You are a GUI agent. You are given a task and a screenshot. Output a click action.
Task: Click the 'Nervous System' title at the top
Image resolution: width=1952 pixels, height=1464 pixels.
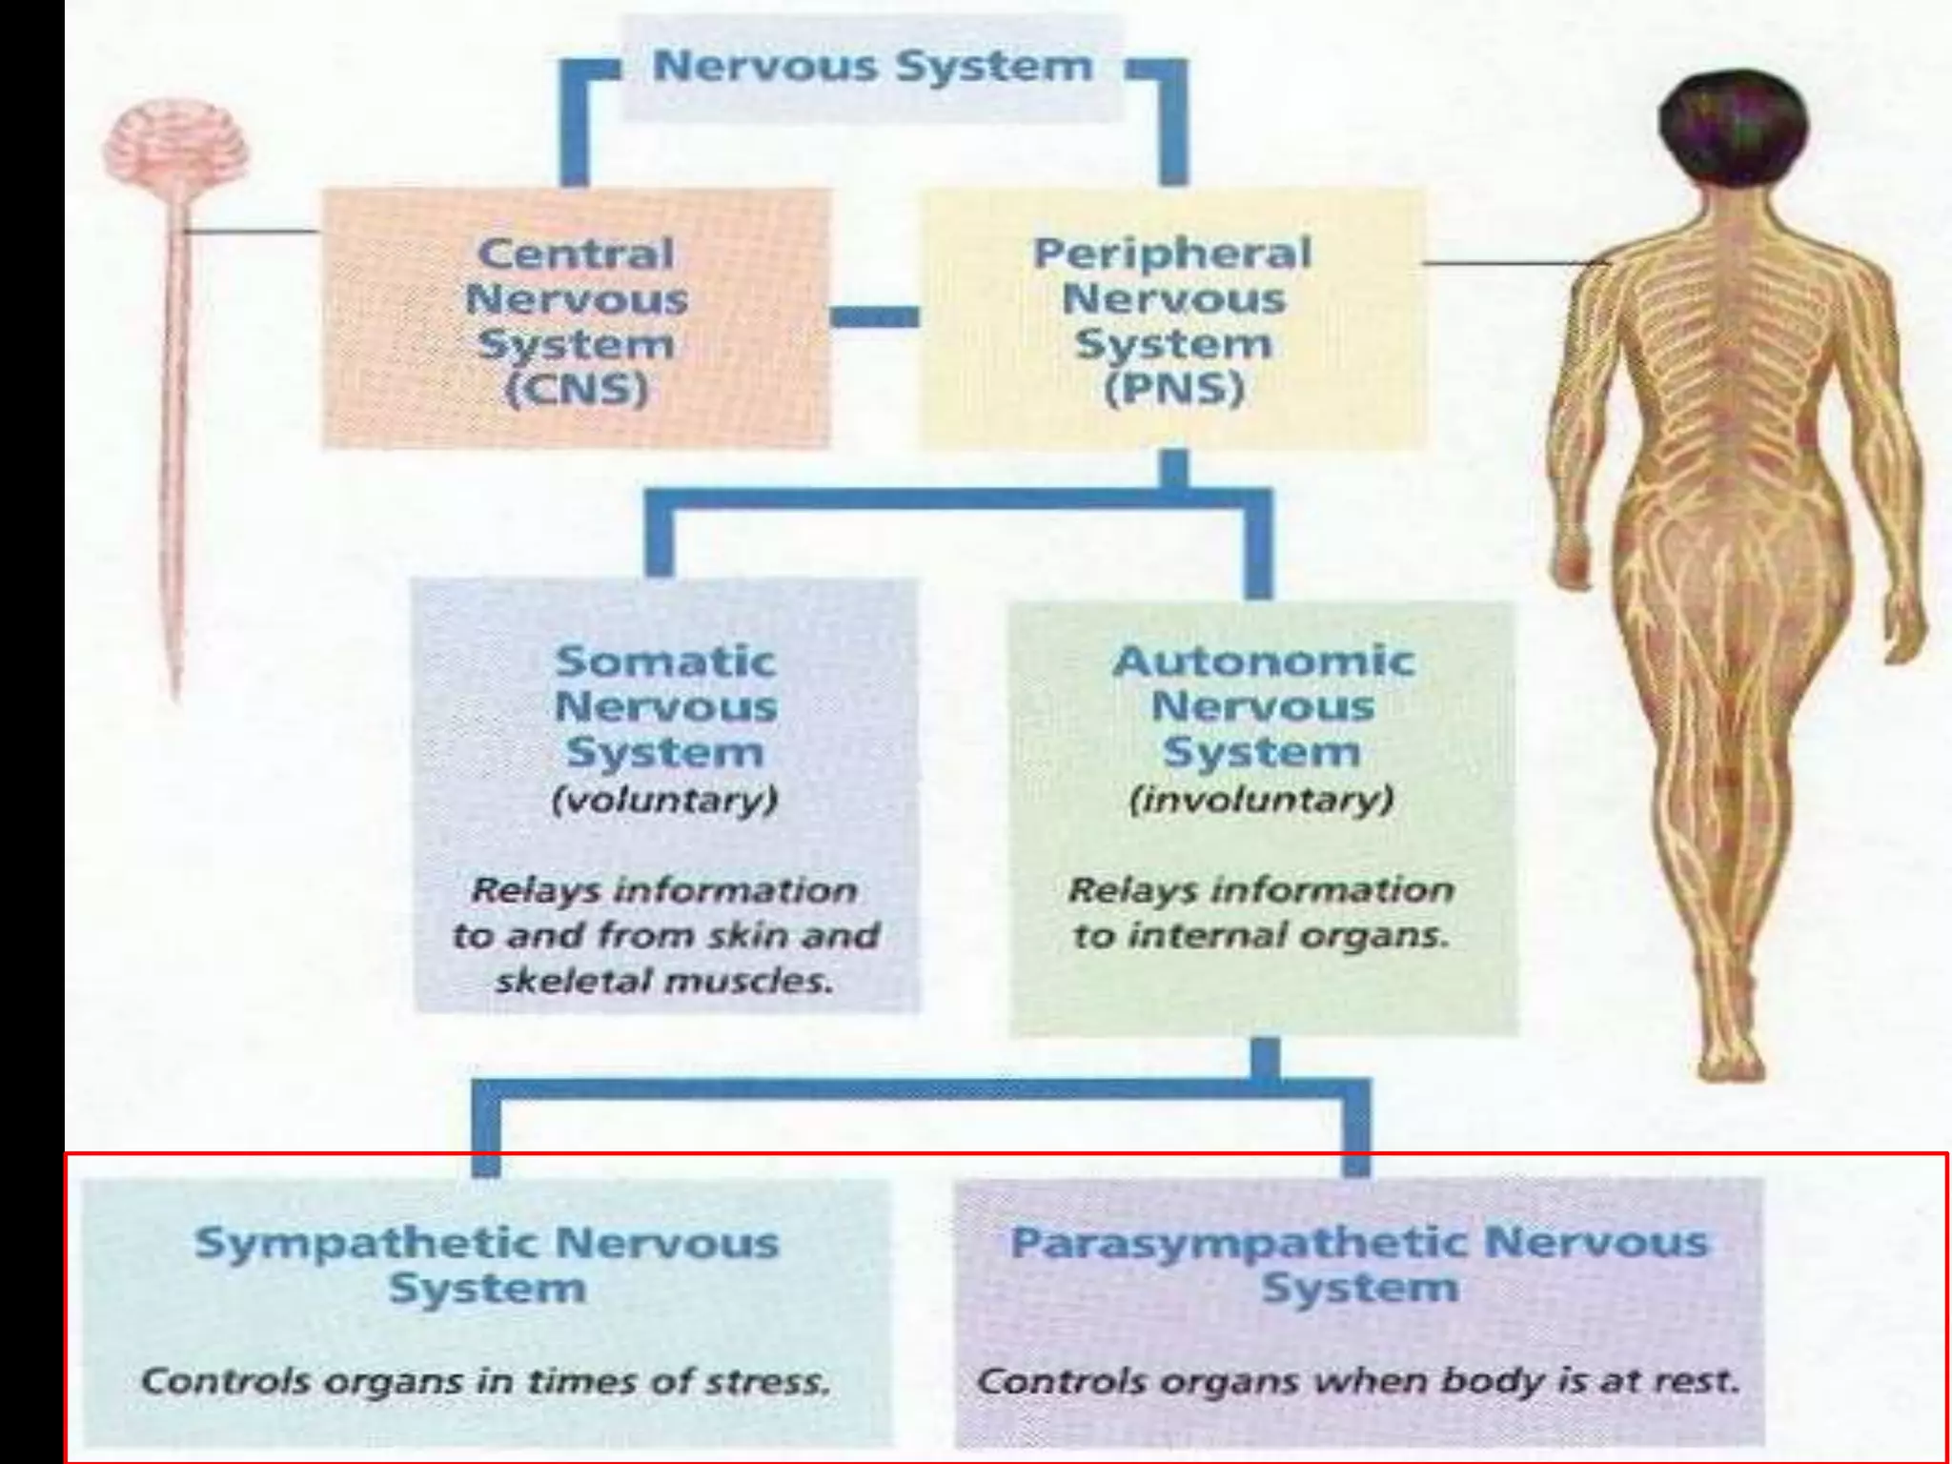pyautogui.click(x=872, y=67)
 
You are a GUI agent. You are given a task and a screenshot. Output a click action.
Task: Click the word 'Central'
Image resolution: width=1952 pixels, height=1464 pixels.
pyautogui.click(x=576, y=254)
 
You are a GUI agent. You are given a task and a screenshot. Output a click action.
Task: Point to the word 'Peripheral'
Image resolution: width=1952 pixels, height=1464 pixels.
pyautogui.click(x=1172, y=254)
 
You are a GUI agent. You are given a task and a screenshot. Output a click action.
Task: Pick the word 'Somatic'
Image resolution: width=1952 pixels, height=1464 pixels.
pyautogui.click(x=665, y=661)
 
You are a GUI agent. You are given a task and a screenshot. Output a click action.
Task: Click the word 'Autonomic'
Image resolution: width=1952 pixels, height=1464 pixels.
pyautogui.click(x=1263, y=661)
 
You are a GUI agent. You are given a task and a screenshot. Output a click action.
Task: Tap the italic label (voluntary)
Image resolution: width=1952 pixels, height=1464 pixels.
pyautogui.click(x=665, y=799)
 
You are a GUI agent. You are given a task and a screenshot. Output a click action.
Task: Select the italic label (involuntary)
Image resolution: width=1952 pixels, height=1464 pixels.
pyautogui.click(x=1261, y=799)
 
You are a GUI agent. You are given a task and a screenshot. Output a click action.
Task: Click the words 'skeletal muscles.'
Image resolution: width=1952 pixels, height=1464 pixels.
pyautogui.click(x=664, y=981)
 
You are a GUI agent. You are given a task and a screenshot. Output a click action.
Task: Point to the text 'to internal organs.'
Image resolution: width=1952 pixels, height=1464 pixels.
pyautogui.click(x=1261, y=936)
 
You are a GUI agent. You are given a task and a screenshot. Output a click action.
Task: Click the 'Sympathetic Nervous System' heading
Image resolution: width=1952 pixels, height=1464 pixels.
pyautogui.click(x=487, y=1265)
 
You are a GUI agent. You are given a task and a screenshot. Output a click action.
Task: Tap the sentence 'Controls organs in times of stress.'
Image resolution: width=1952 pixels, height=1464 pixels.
pyautogui.click(x=485, y=1381)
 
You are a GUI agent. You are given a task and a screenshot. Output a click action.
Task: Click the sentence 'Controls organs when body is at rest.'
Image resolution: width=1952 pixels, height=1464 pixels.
pyautogui.click(x=1358, y=1381)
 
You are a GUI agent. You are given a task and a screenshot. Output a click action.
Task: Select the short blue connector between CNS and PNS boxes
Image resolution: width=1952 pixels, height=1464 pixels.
pyautogui.click(x=874, y=316)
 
